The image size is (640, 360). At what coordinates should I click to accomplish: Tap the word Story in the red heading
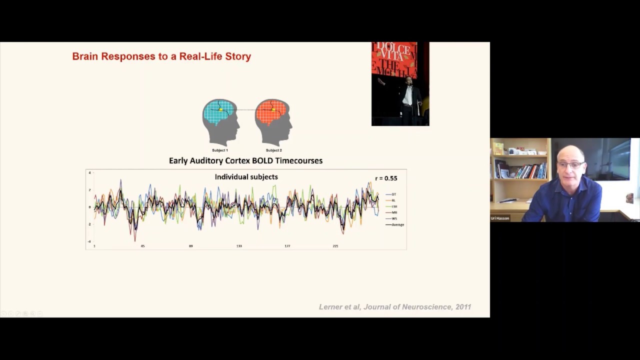pos(238,56)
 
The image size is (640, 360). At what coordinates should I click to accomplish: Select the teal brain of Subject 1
pos(219,112)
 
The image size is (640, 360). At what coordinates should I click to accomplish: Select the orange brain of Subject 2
pos(272,112)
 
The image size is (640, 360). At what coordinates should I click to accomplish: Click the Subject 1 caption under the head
pos(220,150)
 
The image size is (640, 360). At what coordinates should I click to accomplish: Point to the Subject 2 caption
pos(273,150)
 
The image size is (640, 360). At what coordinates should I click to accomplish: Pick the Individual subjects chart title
pos(246,177)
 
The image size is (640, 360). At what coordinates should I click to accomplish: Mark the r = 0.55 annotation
pos(386,178)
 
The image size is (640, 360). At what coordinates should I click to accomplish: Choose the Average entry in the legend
pos(397,225)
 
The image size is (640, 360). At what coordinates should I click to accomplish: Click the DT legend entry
pos(393,194)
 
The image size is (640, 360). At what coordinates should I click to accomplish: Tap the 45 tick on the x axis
pos(142,246)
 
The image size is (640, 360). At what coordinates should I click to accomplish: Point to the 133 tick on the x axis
pos(239,246)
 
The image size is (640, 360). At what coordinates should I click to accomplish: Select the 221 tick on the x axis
pos(335,246)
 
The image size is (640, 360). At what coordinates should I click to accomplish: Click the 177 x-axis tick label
pos(287,246)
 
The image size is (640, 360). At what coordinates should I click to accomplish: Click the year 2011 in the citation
pos(463,307)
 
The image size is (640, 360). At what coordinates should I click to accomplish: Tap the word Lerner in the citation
pos(331,307)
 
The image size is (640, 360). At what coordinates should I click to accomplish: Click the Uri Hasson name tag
pos(500,218)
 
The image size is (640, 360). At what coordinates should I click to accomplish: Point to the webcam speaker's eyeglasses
pos(570,165)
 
